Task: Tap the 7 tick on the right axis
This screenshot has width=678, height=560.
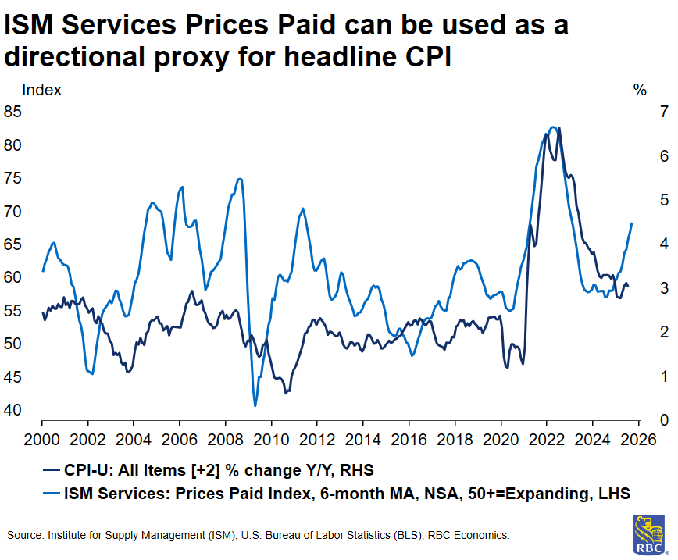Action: pyautogui.click(x=642, y=112)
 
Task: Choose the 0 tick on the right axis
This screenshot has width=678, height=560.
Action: pyautogui.click(x=642, y=420)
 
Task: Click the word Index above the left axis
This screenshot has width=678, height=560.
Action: pyautogui.click(x=41, y=90)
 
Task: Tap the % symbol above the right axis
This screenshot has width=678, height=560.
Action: pyautogui.click(x=640, y=90)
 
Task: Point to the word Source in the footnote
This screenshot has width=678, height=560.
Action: pyautogui.click(x=25, y=535)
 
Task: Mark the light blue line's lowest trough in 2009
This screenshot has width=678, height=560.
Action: pyautogui.click(x=255, y=405)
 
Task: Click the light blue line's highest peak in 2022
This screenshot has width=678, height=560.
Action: pyautogui.click(x=553, y=127)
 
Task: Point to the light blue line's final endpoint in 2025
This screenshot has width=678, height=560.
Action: pyautogui.click(x=631, y=223)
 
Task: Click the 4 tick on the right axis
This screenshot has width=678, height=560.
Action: pyautogui.click(x=642, y=244)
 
